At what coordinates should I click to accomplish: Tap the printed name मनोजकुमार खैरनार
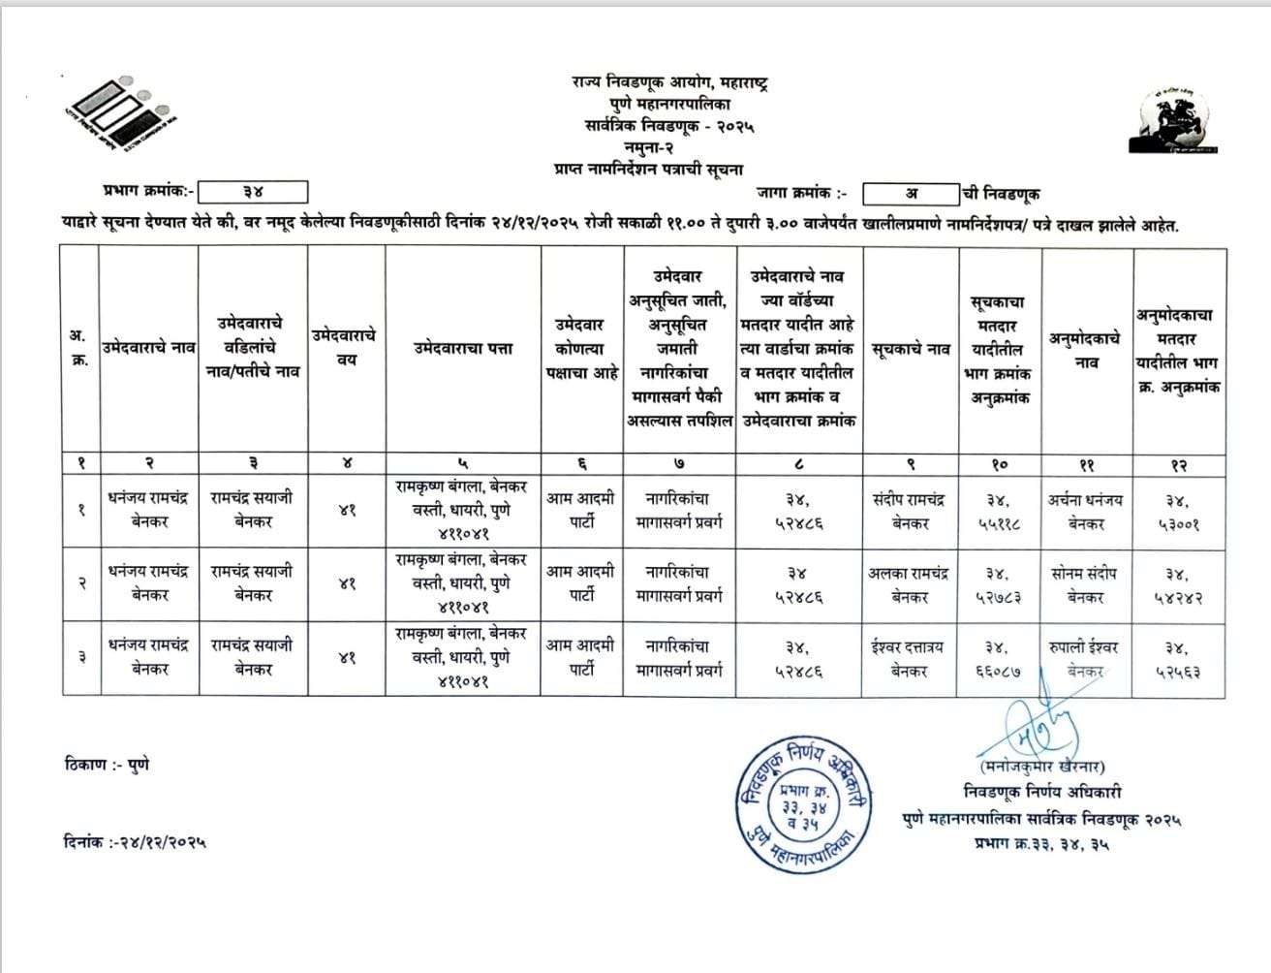(1042, 767)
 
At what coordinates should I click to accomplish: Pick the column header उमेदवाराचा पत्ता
(463, 348)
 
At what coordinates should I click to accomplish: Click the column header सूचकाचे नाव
(910, 349)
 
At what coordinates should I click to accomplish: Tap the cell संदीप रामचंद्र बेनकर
(910, 511)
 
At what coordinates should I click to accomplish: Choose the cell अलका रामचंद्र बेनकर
(910, 584)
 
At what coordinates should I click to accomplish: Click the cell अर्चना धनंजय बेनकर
(1086, 511)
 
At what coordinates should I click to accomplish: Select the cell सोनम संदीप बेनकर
(1086, 584)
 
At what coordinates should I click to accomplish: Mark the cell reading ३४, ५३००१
(1177, 512)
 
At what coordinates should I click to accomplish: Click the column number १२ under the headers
(1178, 465)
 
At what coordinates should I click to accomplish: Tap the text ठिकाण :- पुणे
(107, 765)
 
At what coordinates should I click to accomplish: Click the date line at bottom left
(135, 841)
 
